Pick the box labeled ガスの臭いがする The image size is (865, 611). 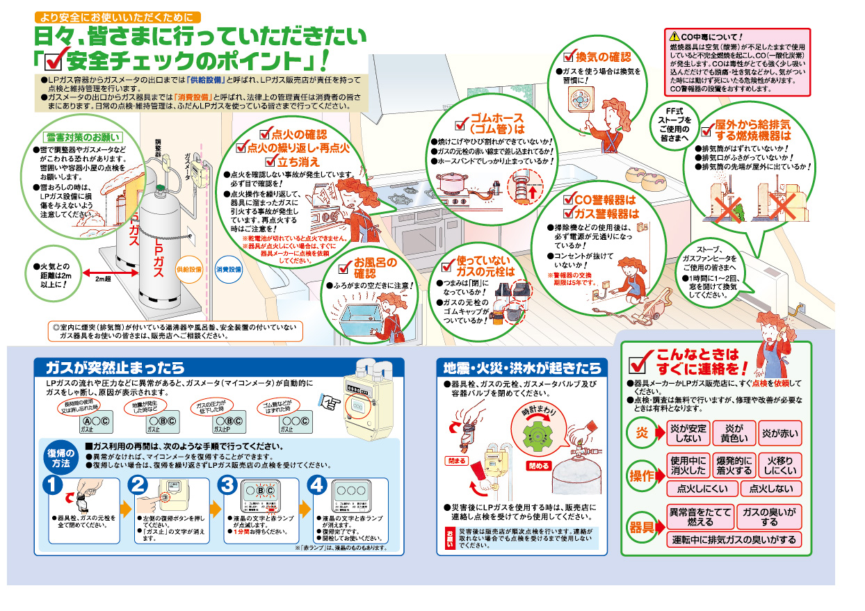pyautogui.click(x=769, y=516)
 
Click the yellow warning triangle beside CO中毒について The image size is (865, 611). pyautogui.click(x=673, y=36)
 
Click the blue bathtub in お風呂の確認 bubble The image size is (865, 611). pyautogui.click(x=360, y=307)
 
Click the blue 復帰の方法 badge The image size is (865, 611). pyautogui.click(x=61, y=457)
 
